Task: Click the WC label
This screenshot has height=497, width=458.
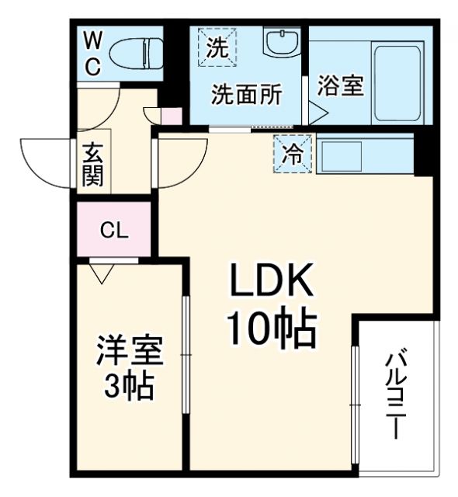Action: (x=92, y=52)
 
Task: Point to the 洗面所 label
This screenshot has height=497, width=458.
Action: (x=248, y=95)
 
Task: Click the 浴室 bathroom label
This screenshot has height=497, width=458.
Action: (x=339, y=85)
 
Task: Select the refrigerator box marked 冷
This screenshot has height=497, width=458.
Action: (x=293, y=153)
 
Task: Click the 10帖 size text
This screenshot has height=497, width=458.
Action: (x=271, y=330)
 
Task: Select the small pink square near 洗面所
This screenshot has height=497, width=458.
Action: (x=172, y=116)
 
